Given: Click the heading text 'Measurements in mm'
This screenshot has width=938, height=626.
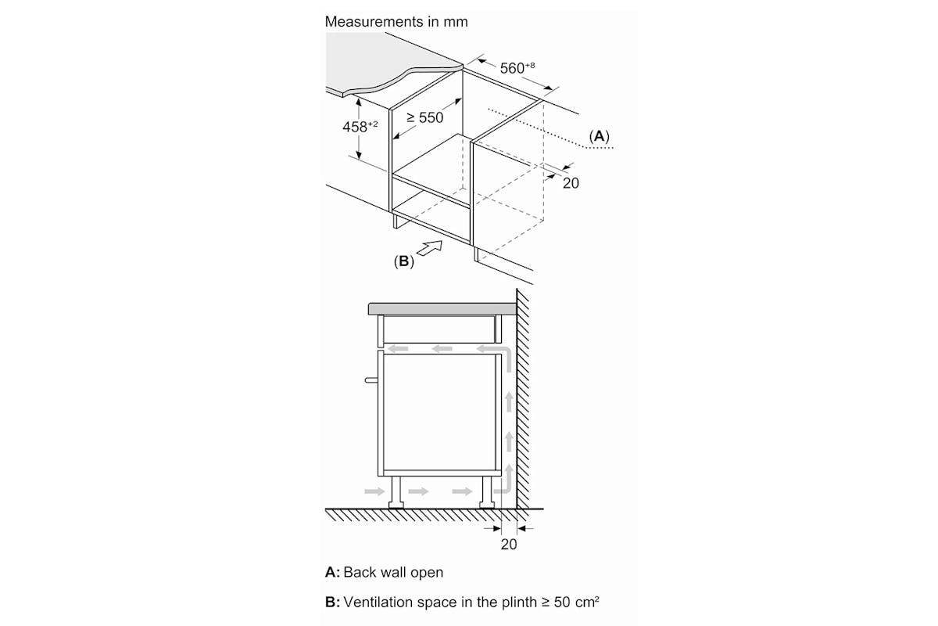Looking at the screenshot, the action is click(396, 22).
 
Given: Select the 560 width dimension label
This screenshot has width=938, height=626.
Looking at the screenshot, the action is click(517, 67).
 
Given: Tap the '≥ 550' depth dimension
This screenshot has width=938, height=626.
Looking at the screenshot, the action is click(425, 118).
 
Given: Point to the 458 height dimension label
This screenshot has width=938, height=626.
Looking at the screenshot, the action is click(360, 126).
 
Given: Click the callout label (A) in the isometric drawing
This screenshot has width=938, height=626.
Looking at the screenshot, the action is click(600, 136).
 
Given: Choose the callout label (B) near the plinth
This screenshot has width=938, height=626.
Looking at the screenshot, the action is click(403, 261).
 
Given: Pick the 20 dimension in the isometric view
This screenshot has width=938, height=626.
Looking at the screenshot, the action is click(571, 183).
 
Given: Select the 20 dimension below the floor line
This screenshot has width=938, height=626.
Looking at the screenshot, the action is click(509, 545).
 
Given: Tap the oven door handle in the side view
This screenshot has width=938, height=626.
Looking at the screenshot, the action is click(371, 380).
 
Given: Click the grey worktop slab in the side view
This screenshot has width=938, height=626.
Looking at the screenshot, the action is click(442, 309).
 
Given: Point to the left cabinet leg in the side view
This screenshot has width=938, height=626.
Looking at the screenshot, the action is click(396, 492).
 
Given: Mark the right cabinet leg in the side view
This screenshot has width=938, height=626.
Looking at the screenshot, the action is click(487, 492).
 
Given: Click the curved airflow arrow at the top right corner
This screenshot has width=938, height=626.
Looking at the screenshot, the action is click(506, 351).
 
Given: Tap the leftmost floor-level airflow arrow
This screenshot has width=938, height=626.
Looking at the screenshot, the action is click(374, 491).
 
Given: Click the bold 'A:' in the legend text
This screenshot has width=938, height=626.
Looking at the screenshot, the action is click(332, 572).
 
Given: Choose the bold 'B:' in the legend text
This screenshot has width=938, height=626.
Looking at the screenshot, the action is click(332, 602).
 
